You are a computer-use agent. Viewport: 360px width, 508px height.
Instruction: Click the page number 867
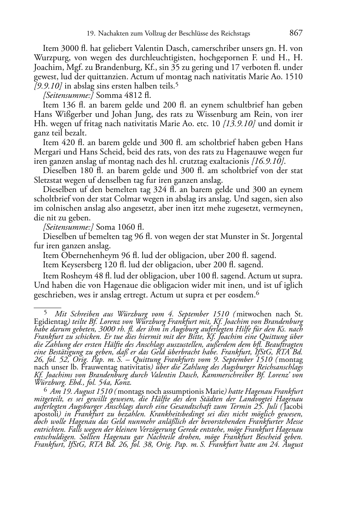pos(296,33)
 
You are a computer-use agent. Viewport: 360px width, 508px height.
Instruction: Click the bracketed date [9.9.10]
pos(48,86)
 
